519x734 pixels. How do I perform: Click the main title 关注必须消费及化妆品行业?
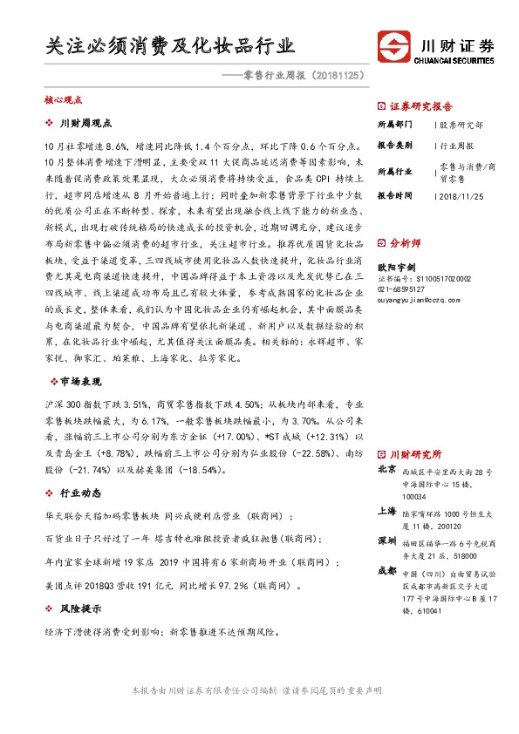pyautogui.click(x=170, y=45)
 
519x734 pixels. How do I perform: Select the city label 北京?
pyautogui.click(x=386, y=470)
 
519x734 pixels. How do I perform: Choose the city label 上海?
pyautogui.click(x=386, y=512)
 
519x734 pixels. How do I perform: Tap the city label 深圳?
pyautogui.click(x=386, y=542)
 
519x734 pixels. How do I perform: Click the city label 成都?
pyautogui.click(x=386, y=572)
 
